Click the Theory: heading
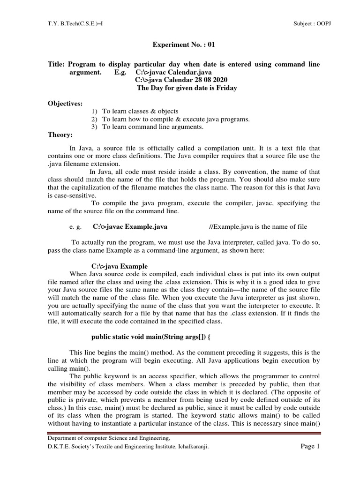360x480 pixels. coord(60,135)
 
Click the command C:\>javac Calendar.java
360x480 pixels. coord(173,73)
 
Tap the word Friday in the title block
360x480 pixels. coord(226,88)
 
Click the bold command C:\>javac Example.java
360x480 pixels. coord(130,227)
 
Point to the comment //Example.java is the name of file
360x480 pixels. coord(258,227)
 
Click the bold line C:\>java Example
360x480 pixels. coord(120,266)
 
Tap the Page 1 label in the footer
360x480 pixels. coord(309,447)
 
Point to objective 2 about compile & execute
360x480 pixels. coord(176,119)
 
